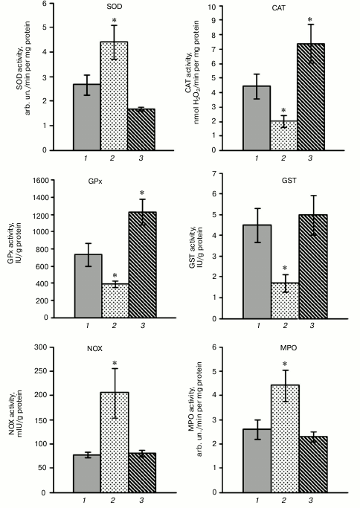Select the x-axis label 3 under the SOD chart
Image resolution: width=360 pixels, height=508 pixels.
139,159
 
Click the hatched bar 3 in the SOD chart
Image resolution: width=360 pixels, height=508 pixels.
139,129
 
